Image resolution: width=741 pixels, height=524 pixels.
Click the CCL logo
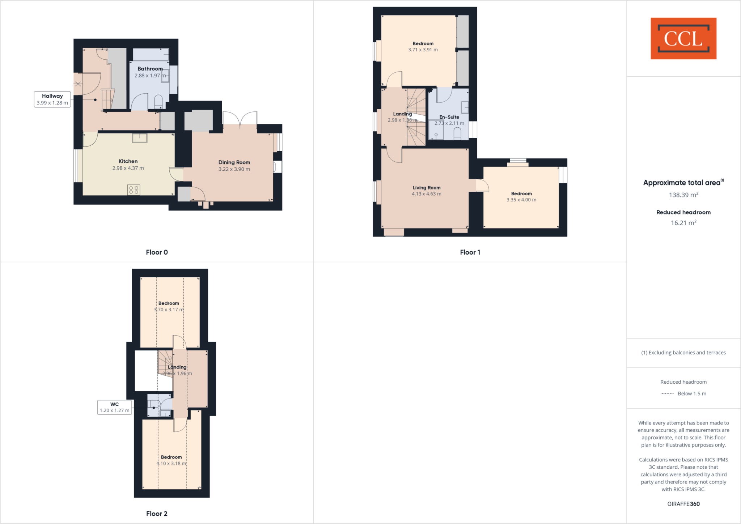tap(683, 38)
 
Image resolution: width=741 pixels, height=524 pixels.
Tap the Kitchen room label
tap(128, 161)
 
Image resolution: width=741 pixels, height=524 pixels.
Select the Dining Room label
tap(234, 162)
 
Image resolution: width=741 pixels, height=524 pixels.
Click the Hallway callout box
tap(52, 99)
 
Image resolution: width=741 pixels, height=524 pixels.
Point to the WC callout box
tap(114, 407)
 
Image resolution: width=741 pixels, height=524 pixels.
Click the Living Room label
tap(427, 188)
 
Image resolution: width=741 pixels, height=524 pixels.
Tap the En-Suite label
tap(449, 117)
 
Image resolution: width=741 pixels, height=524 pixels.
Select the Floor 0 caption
tap(157, 252)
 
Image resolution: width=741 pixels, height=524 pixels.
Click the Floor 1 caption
tap(470, 252)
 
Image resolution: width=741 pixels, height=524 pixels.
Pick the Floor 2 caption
tap(157, 514)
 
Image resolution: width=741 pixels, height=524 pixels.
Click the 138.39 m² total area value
tap(683, 195)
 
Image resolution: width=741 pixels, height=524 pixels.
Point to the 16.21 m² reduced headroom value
tap(683, 223)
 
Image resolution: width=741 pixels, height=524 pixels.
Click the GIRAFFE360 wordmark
tap(683, 504)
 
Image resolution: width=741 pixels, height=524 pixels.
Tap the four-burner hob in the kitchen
tap(134, 190)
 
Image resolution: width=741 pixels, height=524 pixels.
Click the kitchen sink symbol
tap(140, 138)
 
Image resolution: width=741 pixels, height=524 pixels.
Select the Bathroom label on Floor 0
tap(150, 69)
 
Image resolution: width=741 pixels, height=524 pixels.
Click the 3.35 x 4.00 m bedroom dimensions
tap(521, 200)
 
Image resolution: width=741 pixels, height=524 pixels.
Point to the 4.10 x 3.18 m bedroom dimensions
tap(171, 463)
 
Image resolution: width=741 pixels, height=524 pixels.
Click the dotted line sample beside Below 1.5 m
tap(667, 393)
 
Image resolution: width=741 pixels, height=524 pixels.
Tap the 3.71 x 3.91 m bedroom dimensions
tap(423, 50)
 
